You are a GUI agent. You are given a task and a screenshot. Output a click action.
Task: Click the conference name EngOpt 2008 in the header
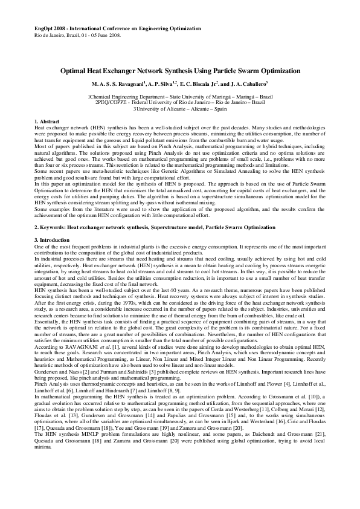click(x=47, y=28)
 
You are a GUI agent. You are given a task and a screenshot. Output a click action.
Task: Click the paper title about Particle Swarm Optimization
click(x=179, y=71)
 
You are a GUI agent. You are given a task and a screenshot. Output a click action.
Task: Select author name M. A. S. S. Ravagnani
click(x=118, y=84)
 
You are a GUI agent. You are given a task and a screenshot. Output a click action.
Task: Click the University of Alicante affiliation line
click(x=180, y=109)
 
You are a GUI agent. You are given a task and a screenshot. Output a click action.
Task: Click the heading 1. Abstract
click(x=47, y=123)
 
